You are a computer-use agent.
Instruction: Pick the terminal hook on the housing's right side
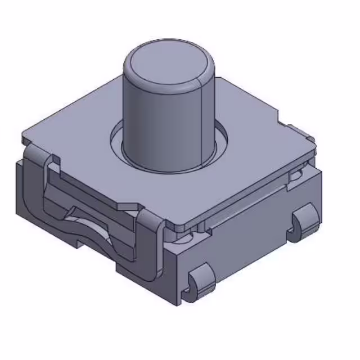pyautogui.click(x=304, y=222)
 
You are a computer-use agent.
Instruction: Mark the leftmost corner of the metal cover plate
pyautogui.click(x=24, y=138)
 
